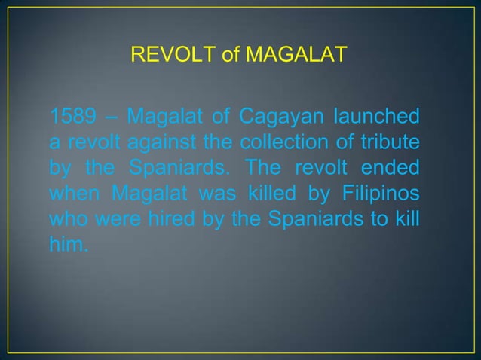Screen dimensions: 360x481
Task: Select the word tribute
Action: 392,141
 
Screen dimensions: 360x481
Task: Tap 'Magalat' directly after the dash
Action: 160,119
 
